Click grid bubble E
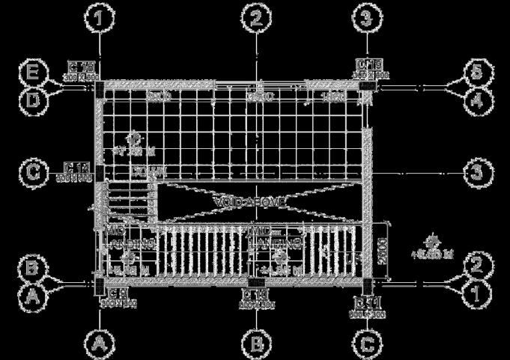coord(33,73)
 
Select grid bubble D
coord(33,97)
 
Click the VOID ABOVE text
coord(249,201)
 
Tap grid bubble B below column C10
coord(257,344)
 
